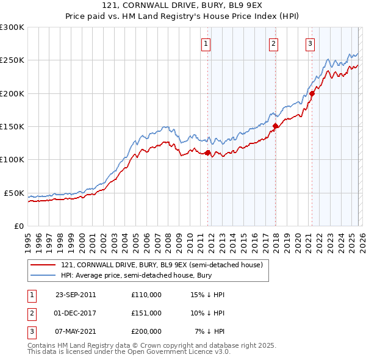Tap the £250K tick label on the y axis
tap(12, 60)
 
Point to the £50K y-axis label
tap(14, 193)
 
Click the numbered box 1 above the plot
tap(206, 43)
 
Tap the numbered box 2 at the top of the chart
tap(274, 43)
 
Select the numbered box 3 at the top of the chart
tap(310, 43)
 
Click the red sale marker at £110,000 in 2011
tap(208, 153)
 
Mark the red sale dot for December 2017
tap(275, 126)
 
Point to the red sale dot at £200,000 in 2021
tap(312, 93)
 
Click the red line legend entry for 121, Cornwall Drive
tap(161, 265)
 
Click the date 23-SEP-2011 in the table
tap(76, 295)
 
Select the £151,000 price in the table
tap(146, 312)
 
